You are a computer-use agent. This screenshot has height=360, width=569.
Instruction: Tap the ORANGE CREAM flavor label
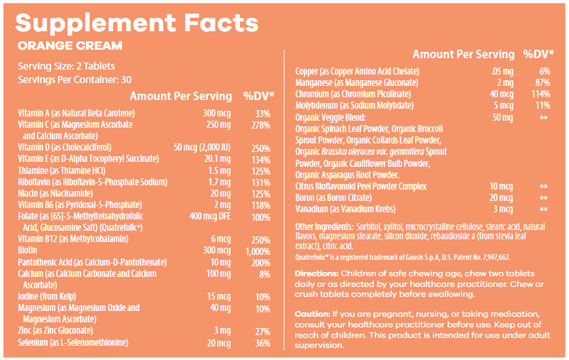click(70, 46)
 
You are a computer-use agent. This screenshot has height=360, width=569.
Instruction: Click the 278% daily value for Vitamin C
click(260, 125)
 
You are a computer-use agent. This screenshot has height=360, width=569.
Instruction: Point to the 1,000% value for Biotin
click(258, 251)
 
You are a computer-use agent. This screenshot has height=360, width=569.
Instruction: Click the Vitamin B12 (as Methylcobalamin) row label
click(68, 239)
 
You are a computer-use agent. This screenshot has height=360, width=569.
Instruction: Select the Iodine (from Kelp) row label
click(50, 296)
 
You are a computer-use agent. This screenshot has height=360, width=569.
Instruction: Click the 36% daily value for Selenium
click(262, 343)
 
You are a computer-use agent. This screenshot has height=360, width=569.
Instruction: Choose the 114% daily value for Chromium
click(541, 94)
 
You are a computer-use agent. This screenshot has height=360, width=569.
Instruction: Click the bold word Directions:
click(316, 274)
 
